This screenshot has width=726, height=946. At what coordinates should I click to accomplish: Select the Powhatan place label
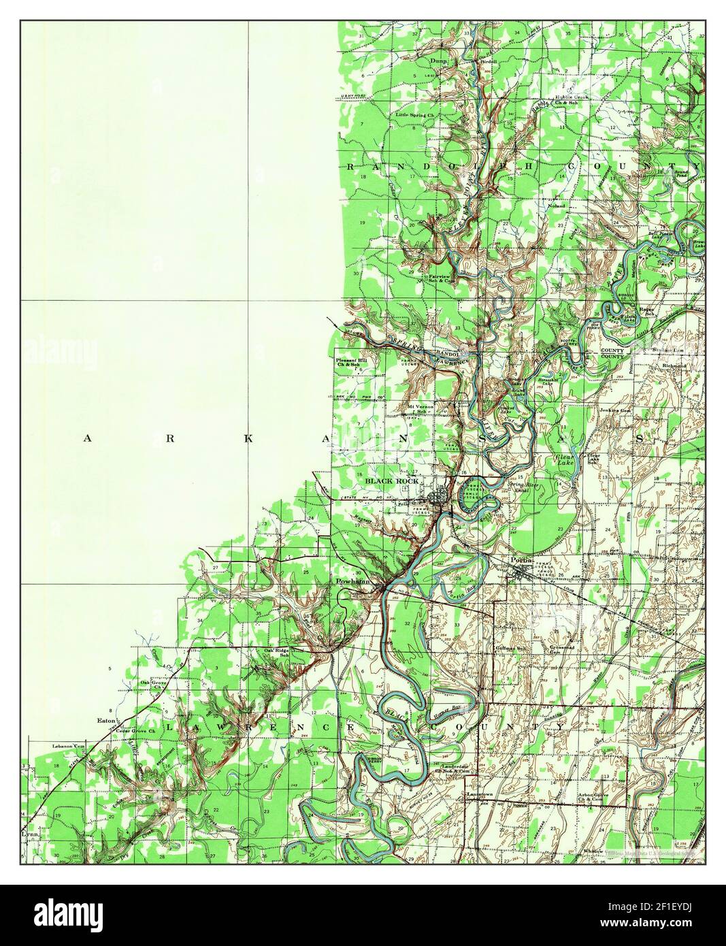352,583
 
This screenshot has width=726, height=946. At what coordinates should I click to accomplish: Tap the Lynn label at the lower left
29,833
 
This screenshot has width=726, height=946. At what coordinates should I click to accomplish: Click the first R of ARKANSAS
169,439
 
